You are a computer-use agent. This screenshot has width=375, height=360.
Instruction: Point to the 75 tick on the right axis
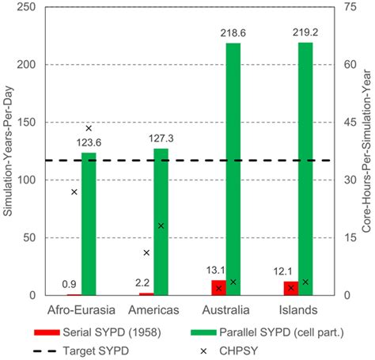click(x=349, y=7)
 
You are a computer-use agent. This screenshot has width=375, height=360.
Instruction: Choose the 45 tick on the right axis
click(x=349, y=123)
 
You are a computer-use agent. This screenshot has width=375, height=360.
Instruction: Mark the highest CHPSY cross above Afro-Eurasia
click(x=89, y=128)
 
